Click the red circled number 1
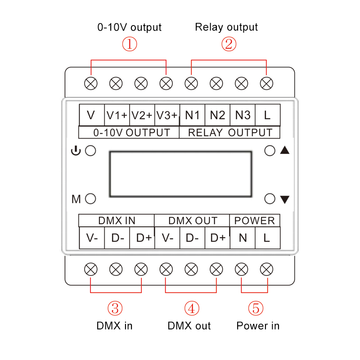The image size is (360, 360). [130, 44]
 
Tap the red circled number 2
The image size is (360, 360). [229, 44]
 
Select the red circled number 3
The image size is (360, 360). [115, 308]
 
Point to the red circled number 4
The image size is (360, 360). [192, 308]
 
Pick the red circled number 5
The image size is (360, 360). [256, 308]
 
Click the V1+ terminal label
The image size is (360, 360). [117, 115]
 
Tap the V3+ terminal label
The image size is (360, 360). [167, 115]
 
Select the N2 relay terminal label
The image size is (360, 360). [217, 115]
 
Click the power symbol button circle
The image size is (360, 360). [90, 151]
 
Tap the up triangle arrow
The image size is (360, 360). [285, 150]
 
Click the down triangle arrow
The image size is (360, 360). [285, 199]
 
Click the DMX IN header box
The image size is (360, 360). [117, 220]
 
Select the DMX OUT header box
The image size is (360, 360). [192, 220]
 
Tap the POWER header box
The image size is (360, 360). [255, 220]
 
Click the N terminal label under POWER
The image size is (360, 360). [243, 238]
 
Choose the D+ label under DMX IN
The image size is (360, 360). [144, 238]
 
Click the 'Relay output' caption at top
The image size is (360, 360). [226, 27]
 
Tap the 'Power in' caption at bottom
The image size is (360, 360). [258, 325]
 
